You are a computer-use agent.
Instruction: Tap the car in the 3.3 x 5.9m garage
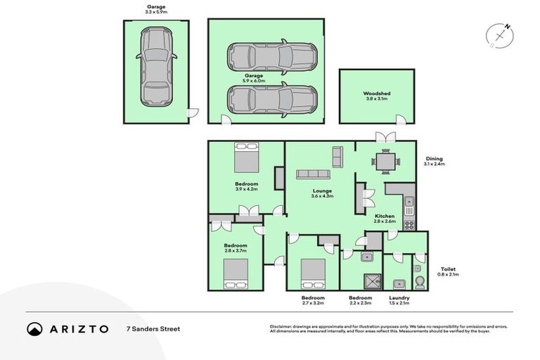click(155, 67)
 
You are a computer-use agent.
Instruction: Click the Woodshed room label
click(376, 94)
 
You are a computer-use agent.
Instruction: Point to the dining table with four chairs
click(385, 162)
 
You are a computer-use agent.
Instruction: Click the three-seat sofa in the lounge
click(313, 174)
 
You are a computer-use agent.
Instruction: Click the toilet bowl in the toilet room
click(419, 283)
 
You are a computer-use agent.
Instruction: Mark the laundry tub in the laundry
click(399, 283)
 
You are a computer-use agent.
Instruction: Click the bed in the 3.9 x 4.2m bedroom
click(247, 157)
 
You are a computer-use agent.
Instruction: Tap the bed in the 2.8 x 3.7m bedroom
click(236, 274)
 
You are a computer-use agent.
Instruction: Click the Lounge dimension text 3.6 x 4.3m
click(322, 196)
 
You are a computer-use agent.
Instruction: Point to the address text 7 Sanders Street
click(153, 328)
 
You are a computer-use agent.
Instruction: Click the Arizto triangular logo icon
click(34, 328)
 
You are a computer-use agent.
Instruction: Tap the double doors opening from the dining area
click(385, 136)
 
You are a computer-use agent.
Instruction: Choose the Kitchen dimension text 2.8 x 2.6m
click(385, 221)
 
